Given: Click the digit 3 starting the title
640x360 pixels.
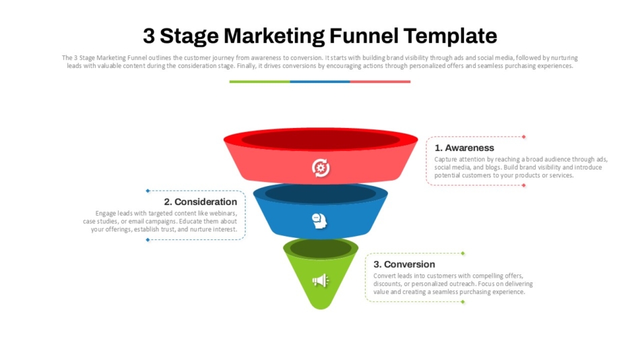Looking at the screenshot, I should tap(150, 35).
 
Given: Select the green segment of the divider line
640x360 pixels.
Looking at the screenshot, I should tap(259, 82).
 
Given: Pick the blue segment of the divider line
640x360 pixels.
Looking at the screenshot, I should tap(320, 82).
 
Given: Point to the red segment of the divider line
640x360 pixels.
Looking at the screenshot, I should tap(380, 82).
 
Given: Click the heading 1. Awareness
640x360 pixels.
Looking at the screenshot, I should tap(464, 148).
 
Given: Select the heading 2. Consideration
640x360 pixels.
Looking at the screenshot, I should tap(201, 202).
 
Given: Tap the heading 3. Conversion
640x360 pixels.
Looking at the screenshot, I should tap(404, 264).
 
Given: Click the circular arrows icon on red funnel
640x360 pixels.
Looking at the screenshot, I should tap(321, 168).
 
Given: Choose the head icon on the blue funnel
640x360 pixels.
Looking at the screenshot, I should tap(320, 220).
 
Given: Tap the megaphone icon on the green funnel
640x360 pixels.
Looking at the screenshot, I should tap(320, 280).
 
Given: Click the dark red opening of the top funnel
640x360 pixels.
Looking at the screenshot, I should tap(321, 140).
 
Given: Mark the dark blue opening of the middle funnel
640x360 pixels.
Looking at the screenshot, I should tap(321, 193).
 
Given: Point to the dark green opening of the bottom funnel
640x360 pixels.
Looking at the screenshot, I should tap(321, 248).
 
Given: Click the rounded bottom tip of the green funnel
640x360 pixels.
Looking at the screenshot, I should tap(321, 305).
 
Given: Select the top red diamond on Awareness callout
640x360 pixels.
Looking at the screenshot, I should tap(523, 137).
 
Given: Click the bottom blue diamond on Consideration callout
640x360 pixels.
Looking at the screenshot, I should tap(148, 239).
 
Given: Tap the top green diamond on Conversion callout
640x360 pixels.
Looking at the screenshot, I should tap(463, 253).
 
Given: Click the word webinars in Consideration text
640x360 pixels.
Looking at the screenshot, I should tap(223, 213).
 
